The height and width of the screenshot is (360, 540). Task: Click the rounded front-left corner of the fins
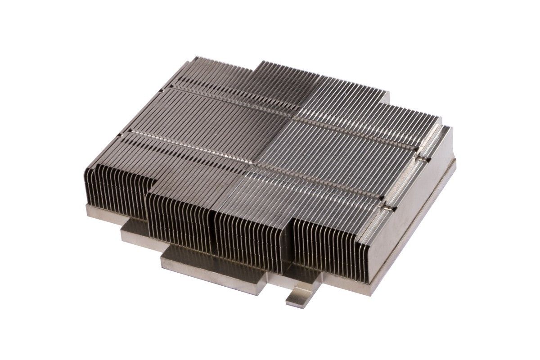(90, 169)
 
